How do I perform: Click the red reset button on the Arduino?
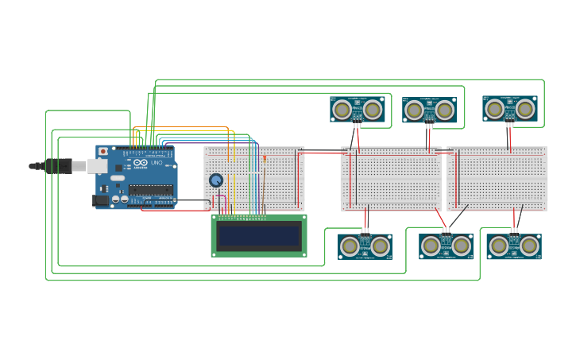(x=102, y=151)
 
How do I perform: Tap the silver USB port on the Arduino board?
(x=97, y=166)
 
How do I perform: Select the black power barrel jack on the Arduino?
(x=101, y=201)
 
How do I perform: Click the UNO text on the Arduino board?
(x=156, y=161)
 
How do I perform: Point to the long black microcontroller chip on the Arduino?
(x=151, y=189)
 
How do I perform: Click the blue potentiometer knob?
(x=215, y=180)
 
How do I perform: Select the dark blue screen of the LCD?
(x=260, y=236)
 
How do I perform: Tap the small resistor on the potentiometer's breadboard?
(x=265, y=158)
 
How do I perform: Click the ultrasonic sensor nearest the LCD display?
(x=365, y=246)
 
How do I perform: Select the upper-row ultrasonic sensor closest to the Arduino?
(x=358, y=109)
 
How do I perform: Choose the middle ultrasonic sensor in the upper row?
(x=429, y=110)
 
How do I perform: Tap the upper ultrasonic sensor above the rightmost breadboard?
(x=509, y=108)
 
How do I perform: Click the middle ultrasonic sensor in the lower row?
(x=446, y=246)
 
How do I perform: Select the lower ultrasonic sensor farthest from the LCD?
(x=513, y=246)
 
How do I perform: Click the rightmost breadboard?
(x=497, y=179)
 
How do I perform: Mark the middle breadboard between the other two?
(x=391, y=179)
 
